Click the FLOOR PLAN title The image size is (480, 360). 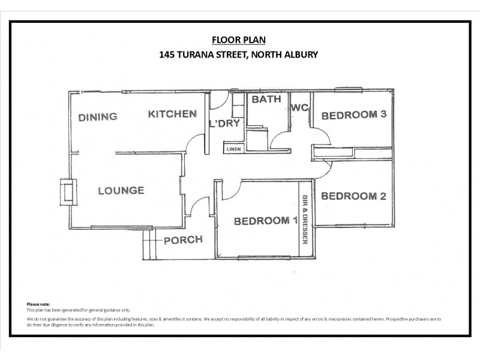[x=238, y=40]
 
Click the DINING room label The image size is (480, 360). [x=97, y=117]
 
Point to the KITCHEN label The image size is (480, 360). [x=172, y=113]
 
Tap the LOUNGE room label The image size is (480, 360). [x=121, y=191]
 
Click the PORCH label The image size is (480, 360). [x=183, y=239]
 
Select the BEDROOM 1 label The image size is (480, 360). [x=265, y=221]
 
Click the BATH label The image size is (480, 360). [x=266, y=100]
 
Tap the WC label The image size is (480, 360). [x=299, y=108]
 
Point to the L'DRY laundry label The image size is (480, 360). [x=224, y=124]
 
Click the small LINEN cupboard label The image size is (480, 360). [x=233, y=148]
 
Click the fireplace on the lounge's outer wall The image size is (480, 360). [x=67, y=191]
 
